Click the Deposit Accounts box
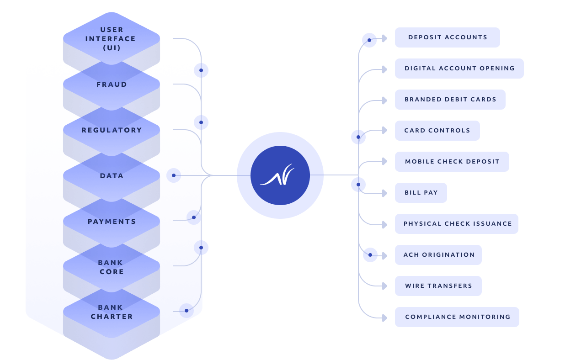(x=447, y=37)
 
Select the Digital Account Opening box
(x=459, y=69)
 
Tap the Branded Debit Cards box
(x=450, y=100)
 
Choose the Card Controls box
(x=437, y=131)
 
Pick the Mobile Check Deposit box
(x=452, y=162)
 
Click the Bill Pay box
(x=421, y=193)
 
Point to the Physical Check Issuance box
(x=456, y=224)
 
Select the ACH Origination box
(x=438, y=255)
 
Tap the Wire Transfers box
(x=438, y=286)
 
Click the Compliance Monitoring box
(x=457, y=318)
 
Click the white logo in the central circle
(x=277, y=175)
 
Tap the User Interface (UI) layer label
(x=111, y=39)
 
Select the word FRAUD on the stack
(x=112, y=85)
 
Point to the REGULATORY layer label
(x=112, y=130)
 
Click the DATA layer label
(x=112, y=176)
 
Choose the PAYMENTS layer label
(x=112, y=222)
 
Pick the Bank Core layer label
(x=112, y=267)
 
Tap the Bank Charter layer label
(x=112, y=312)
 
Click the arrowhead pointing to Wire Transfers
(x=385, y=286)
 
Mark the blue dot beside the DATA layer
(x=174, y=175)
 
